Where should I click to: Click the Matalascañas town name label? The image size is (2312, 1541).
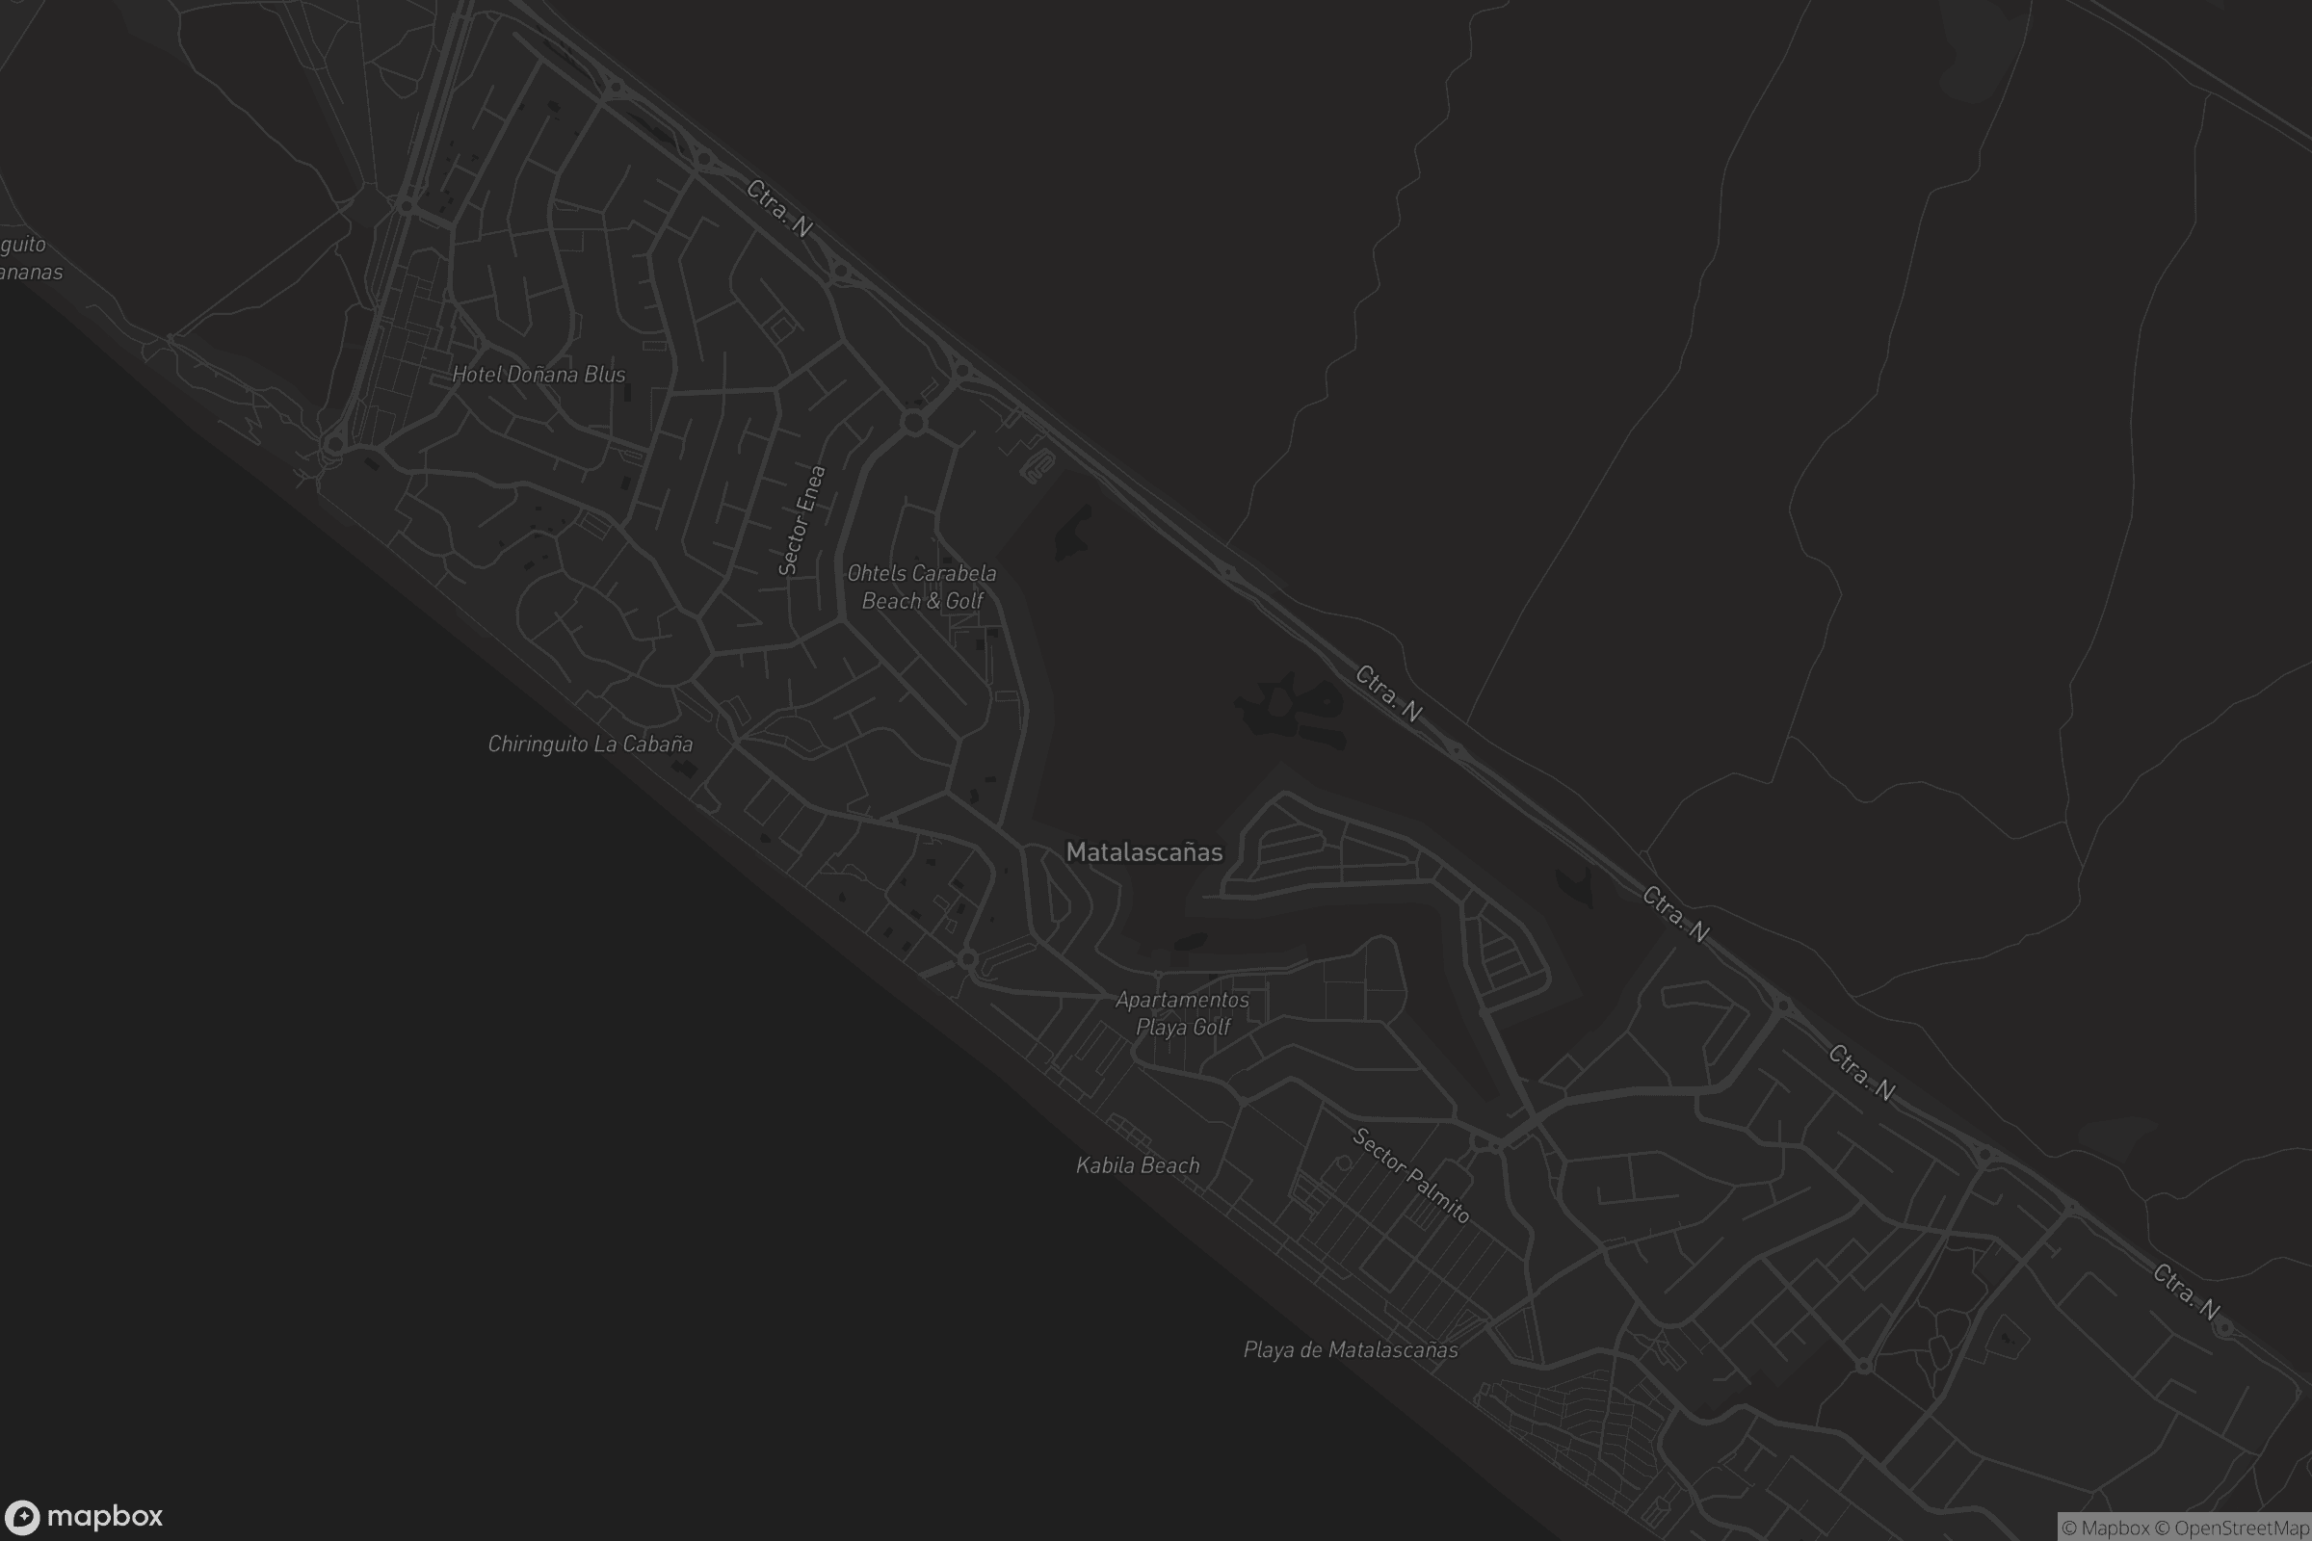pyautogui.click(x=1144, y=852)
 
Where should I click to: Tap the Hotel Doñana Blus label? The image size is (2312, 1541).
pyautogui.click(x=539, y=375)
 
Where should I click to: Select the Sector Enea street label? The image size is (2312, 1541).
pyautogui.click(x=801, y=520)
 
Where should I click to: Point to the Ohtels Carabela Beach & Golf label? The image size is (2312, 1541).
pyautogui.click(x=922, y=587)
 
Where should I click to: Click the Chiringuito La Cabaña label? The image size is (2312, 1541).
pyautogui.click(x=590, y=744)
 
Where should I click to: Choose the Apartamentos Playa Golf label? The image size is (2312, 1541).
pyautogui.click(x=1183, y=1013)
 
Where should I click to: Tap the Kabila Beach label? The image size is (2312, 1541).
pyautogui.click(x=1138, y=1165)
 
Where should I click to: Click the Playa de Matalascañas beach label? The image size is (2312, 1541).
pyautogui.click(x=1351, y=1350)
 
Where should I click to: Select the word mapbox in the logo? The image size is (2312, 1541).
pyautogui.click(x=105, y=1516)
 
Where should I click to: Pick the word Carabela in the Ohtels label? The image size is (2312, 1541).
pyautogui.click(x=945, y=573)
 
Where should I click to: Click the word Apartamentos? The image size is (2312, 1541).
pyautogui.click(x=1183, y=1001)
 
